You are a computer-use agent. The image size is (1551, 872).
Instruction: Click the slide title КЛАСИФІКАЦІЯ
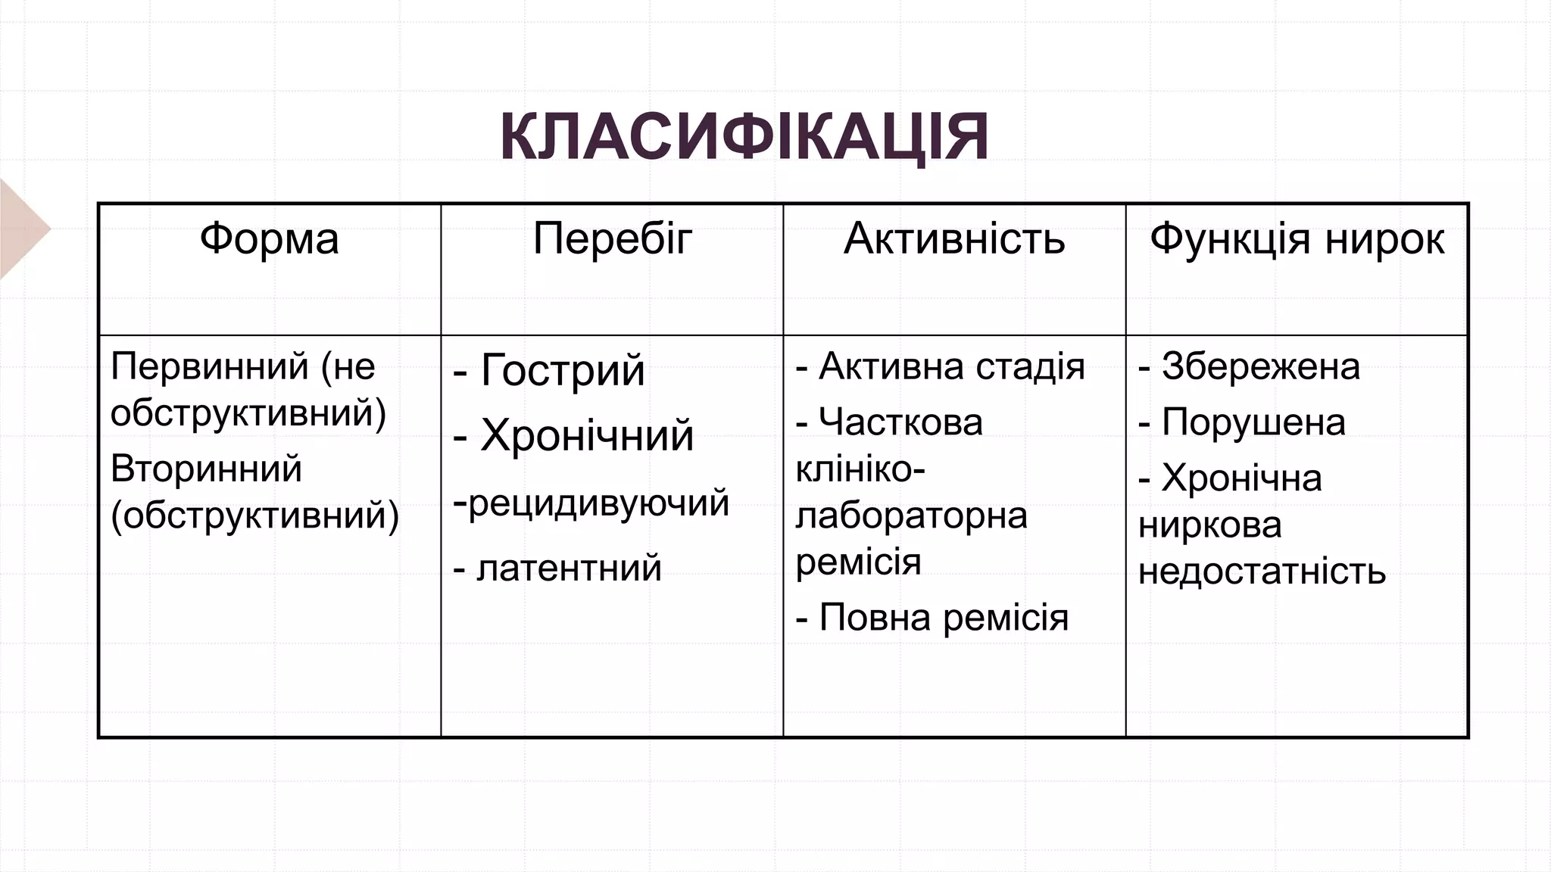(744, 138)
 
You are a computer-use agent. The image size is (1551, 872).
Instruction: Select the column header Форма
(269, 239)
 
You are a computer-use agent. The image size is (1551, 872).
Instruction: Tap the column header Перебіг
(612, 239)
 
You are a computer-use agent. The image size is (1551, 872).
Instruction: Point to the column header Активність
(954, 239)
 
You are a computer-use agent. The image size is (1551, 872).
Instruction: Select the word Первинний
(210, 367)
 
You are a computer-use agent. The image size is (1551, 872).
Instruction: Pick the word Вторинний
(206, 469)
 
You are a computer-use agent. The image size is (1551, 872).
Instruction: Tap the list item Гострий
(562, 371)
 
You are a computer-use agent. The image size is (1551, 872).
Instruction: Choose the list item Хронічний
(587, 436)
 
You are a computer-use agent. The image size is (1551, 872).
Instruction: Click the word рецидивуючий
(598, 503)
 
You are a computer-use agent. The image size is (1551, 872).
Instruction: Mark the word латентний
(569, 568)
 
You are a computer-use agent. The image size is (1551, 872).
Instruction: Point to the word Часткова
(900, 422)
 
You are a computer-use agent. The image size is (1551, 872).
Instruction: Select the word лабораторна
(911, 516)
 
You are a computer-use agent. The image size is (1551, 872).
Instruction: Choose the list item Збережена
(1261, 367)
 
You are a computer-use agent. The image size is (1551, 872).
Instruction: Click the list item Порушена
(1253, 422)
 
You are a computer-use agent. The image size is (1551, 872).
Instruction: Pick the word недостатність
(1262, 571)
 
